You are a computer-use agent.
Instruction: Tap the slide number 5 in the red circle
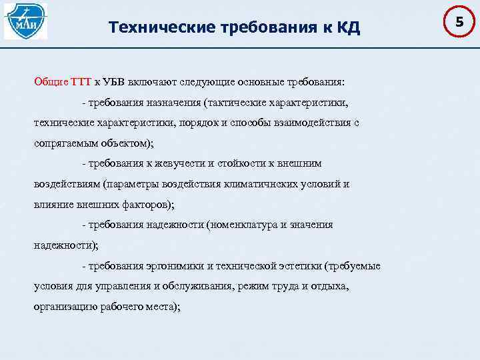459,23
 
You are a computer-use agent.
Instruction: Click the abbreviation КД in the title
346,27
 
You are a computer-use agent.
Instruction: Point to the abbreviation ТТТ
80,82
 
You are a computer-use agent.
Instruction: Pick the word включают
159,82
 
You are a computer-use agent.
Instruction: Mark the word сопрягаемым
65,143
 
